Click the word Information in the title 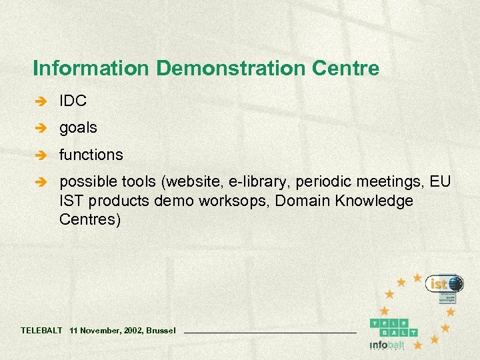80,68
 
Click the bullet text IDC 73,101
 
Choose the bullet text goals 78,127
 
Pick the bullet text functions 91,155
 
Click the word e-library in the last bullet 259,181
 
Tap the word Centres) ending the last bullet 90,219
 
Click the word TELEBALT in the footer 41,330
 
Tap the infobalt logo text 387,345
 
